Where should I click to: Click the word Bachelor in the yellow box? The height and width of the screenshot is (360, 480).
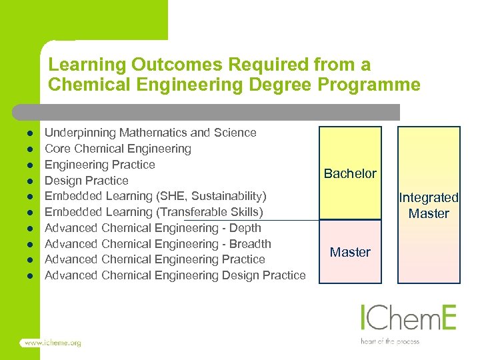pyautogui.click(x=350, y=173)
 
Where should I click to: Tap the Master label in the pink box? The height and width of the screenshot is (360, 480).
pyautogui.click(x=350, y=252)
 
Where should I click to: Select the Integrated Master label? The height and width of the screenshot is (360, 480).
pyautogui.click(x=429, y=205)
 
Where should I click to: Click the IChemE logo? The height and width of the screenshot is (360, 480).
pyautogui.click(x=408, y=319)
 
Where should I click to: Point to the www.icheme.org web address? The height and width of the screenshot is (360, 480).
pyautogui.click(x=51, y=343)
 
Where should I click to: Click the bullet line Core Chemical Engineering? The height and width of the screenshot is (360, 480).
pyautogui.click(x=117, y=149)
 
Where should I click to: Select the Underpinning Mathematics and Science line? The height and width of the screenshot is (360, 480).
pyautogui.click(x=150, y=133)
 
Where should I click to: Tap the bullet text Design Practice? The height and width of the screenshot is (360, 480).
pyautogui.click(x=86, y=181)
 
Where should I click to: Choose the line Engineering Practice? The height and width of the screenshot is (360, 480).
pyautogui.click(x=99, y=165)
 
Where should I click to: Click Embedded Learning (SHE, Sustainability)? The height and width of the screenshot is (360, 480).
pyautogui.click(x=155, y=196)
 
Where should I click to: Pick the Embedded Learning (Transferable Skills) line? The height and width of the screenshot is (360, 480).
pyautogui.click(x=153, y=212)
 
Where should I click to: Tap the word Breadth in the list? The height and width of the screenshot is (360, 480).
pyautogui.click(x=250, y=244)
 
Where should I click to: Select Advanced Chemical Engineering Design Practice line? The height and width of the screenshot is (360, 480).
pyautogui.click(x=175, y=275)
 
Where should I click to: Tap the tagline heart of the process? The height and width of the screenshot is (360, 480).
pyautogui.click(x=390, y=341)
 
